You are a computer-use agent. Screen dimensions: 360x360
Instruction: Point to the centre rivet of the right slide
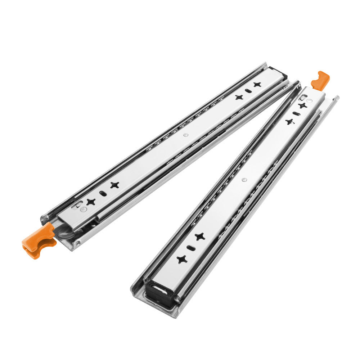244,179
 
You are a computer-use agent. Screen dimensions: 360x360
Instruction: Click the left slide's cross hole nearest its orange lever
91,202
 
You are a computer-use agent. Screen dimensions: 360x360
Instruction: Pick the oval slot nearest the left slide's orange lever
103,193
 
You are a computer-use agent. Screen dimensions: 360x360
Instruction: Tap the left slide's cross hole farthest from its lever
257,85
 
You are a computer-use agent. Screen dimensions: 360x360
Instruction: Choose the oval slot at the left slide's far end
248,91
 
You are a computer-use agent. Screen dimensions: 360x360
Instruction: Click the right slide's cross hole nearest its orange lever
302,105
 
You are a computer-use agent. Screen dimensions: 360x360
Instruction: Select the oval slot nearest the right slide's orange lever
295,114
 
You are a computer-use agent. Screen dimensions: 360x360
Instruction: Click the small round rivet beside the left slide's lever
84,209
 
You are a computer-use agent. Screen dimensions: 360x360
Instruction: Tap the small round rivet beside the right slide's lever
305,98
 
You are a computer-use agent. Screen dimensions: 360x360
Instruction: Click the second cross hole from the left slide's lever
114,185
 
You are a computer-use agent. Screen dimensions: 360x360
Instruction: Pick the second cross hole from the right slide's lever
289,122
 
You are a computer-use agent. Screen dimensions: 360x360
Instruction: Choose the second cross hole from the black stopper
200,237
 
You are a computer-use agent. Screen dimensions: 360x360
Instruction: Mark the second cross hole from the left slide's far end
239,97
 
